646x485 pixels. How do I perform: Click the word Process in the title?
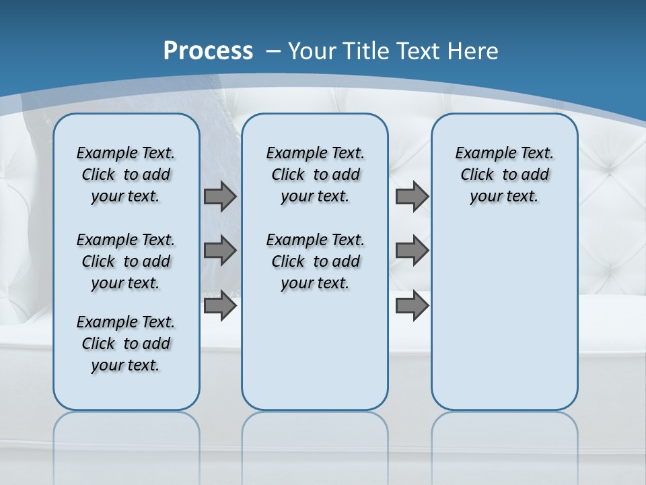pyautogui.click(x=208, y=51)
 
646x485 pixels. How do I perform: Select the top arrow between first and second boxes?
pyautogui.click(x=220, y=197)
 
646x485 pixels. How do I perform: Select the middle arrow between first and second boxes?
pyautogui.click(x=220, y=251)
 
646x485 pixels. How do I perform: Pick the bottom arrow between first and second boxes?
pyautogui.click(x=220, y=306)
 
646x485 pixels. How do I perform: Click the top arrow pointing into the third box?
pyautogui.click(x=412, y=197)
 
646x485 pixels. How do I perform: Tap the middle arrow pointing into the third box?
pyautogui.click(x=412, y=251)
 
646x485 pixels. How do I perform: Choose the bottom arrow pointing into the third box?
pyautogui.click(x=412, y=306)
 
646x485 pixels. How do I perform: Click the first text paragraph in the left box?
pyautogui.click(x=126, y=174)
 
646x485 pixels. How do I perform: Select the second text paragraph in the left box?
pyautogui.click(x=126, y=261)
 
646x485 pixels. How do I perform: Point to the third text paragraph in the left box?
pyautogui.click(x=126, y=344)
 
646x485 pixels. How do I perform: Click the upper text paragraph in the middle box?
pyautogui.click(x=315, y=174)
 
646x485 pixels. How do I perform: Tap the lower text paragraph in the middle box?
pyautogui.click(x=315, y=261)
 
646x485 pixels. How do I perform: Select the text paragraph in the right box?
pyautogui.click(x=504, y=174)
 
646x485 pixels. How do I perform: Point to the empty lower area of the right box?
pyautogui.click(x=504, y=317)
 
